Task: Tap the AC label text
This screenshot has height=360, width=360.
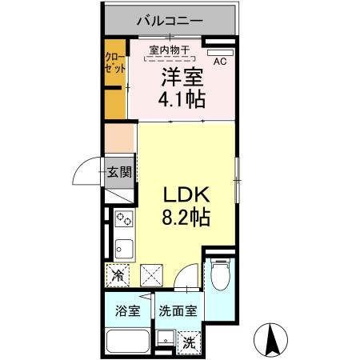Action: (x=219, y=59)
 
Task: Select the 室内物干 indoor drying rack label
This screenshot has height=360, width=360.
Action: (x=170, y=50)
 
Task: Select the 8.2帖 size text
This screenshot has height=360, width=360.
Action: (x=187, y=218)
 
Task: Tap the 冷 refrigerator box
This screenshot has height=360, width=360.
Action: (x=118, y=277)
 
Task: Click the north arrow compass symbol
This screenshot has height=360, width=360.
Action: (x=272, y=340)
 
